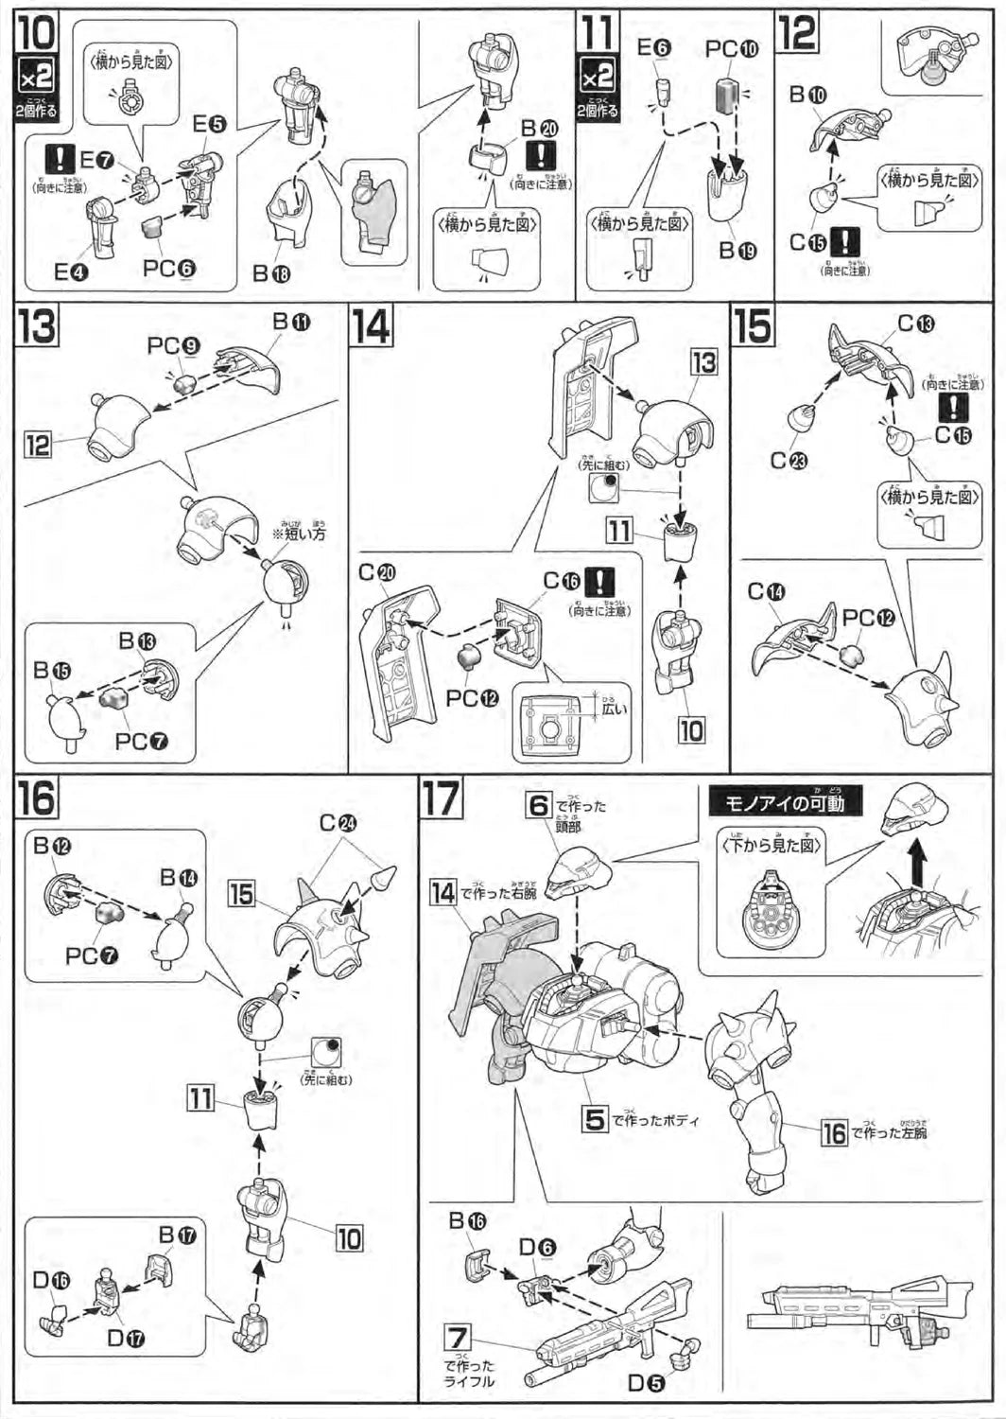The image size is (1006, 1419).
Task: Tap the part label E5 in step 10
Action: (x=209, y=124)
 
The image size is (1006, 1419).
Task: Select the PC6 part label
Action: (x=169, y=268)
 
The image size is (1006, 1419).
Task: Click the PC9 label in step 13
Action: (x=171, y=346)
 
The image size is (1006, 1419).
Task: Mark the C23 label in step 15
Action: (x=786, y=460)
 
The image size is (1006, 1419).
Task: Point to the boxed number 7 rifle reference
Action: (x=458, y=1338)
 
